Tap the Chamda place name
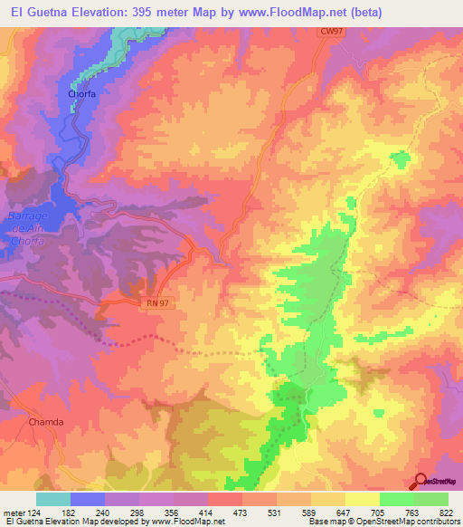tap(45, 422)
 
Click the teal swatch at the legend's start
tap(53, 499)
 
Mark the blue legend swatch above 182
tap(88, 499)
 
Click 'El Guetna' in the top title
tap(33, 12)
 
